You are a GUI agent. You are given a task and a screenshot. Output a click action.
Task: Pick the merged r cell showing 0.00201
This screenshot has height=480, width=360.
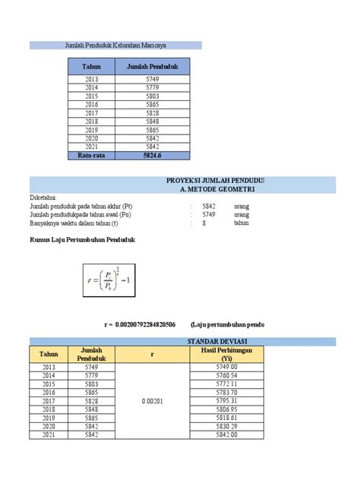pos(152,401)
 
